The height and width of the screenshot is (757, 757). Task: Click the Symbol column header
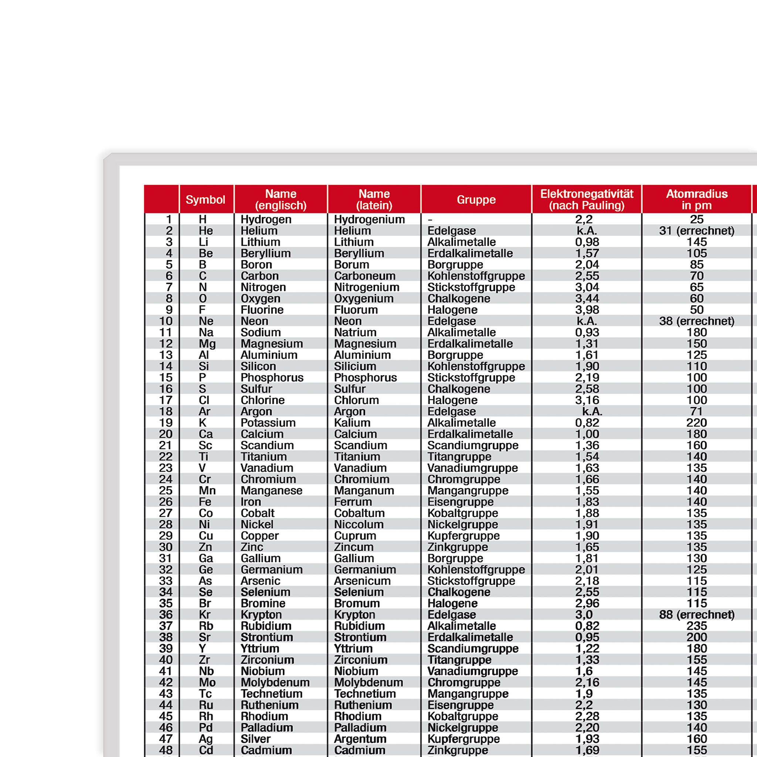(205, 200)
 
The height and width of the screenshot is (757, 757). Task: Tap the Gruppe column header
(476, 200)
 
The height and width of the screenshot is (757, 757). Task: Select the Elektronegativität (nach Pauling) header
(587, 200)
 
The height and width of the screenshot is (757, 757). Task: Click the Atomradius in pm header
(697, 200)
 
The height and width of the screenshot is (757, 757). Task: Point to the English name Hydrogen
(266, 220)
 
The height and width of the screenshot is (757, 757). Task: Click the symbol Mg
(207, 344)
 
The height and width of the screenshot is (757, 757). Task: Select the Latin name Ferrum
(353, 502)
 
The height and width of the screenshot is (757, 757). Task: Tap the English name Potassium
(268, 423)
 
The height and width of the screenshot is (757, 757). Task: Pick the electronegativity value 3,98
(587, 309)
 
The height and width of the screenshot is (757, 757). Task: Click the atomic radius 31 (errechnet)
(697, 231)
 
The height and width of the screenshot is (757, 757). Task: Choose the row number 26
(166, 502)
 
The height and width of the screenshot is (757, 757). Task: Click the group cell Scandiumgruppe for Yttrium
(473, 648)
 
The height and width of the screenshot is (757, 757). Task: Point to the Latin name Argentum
(360, 739)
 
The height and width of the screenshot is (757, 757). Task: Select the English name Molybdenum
(275, 682)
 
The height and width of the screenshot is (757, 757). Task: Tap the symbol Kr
(204, 614)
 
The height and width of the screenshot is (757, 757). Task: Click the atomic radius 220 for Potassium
(697, 423)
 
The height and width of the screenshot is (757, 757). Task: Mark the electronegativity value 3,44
(587, 299)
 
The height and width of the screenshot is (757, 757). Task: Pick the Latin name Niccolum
(359, 524)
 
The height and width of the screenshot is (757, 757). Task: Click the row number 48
(166, 750)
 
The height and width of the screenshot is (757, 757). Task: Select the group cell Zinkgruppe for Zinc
(458, 547)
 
